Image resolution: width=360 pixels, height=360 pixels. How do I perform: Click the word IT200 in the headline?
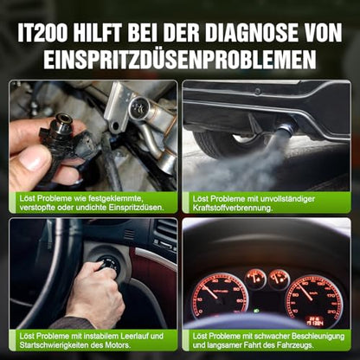42,32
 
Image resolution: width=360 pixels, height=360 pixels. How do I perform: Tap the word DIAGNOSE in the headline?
251,32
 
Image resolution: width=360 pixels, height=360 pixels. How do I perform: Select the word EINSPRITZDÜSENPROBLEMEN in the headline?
180,59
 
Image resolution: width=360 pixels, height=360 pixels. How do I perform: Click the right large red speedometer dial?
314,298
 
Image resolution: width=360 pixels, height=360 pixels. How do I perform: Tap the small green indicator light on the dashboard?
255,311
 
